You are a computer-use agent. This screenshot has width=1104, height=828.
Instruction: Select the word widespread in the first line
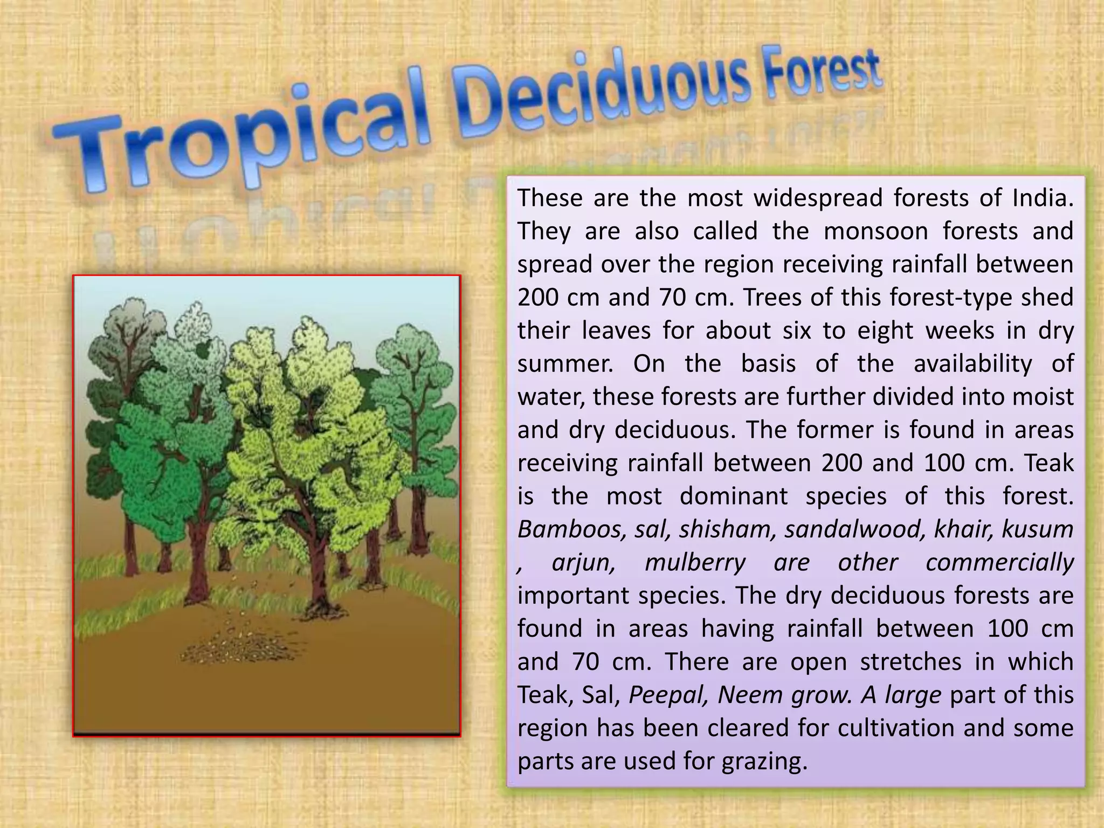coord(817,198)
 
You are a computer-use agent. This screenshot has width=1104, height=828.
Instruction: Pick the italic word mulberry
coord(695,562)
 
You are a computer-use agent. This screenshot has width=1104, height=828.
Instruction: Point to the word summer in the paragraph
coord(565,364)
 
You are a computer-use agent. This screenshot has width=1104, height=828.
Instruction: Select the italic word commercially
coord(999,562)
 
